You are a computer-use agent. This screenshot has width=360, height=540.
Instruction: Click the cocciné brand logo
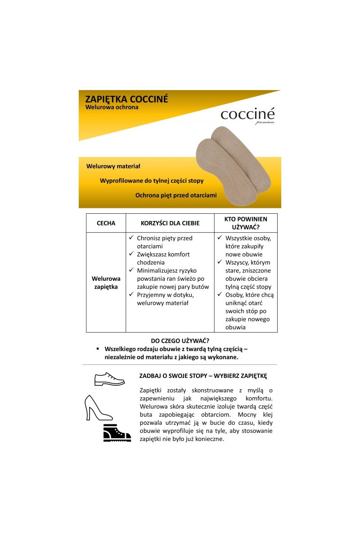click(x=247, y=115)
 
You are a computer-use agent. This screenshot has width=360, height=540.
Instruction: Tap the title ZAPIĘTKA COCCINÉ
click(x=126, y=99)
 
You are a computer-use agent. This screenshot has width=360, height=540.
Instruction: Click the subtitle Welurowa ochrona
click(x=112, y=108)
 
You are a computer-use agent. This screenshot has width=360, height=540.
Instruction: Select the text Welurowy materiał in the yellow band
click(x=113, y=166)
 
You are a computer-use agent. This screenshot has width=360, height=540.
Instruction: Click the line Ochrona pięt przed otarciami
click(x=176, y=195)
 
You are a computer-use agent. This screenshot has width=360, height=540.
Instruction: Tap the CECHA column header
click(x=106, y=223)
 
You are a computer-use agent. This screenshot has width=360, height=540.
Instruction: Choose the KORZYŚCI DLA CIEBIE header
click(x=170, y=223)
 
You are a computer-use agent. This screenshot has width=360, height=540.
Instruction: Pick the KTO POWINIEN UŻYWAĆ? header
click(x=245, y=223)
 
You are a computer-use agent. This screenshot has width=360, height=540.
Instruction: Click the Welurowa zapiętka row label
click(x=106, y=283)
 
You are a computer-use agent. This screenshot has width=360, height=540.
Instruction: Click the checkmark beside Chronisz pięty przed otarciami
click(x=131, y=238)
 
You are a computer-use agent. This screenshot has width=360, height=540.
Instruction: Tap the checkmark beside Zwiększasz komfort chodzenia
click(x=131, y=254)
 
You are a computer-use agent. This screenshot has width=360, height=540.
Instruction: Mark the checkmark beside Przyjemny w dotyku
click(x=131, y=295)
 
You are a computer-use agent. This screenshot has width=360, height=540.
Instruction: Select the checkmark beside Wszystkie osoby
click(x=220, y=238)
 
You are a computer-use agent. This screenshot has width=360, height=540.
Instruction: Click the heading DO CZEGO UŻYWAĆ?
click(x=180, y=341)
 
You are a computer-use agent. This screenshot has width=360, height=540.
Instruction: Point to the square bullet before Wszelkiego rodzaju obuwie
click(x=98, y=349)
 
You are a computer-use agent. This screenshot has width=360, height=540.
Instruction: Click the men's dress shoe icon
click(x=109, y=379)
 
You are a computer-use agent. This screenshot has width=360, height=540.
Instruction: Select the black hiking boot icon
click(x=117, y=433)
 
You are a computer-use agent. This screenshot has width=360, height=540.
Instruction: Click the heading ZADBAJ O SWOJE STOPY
click(x=203, y=376)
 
